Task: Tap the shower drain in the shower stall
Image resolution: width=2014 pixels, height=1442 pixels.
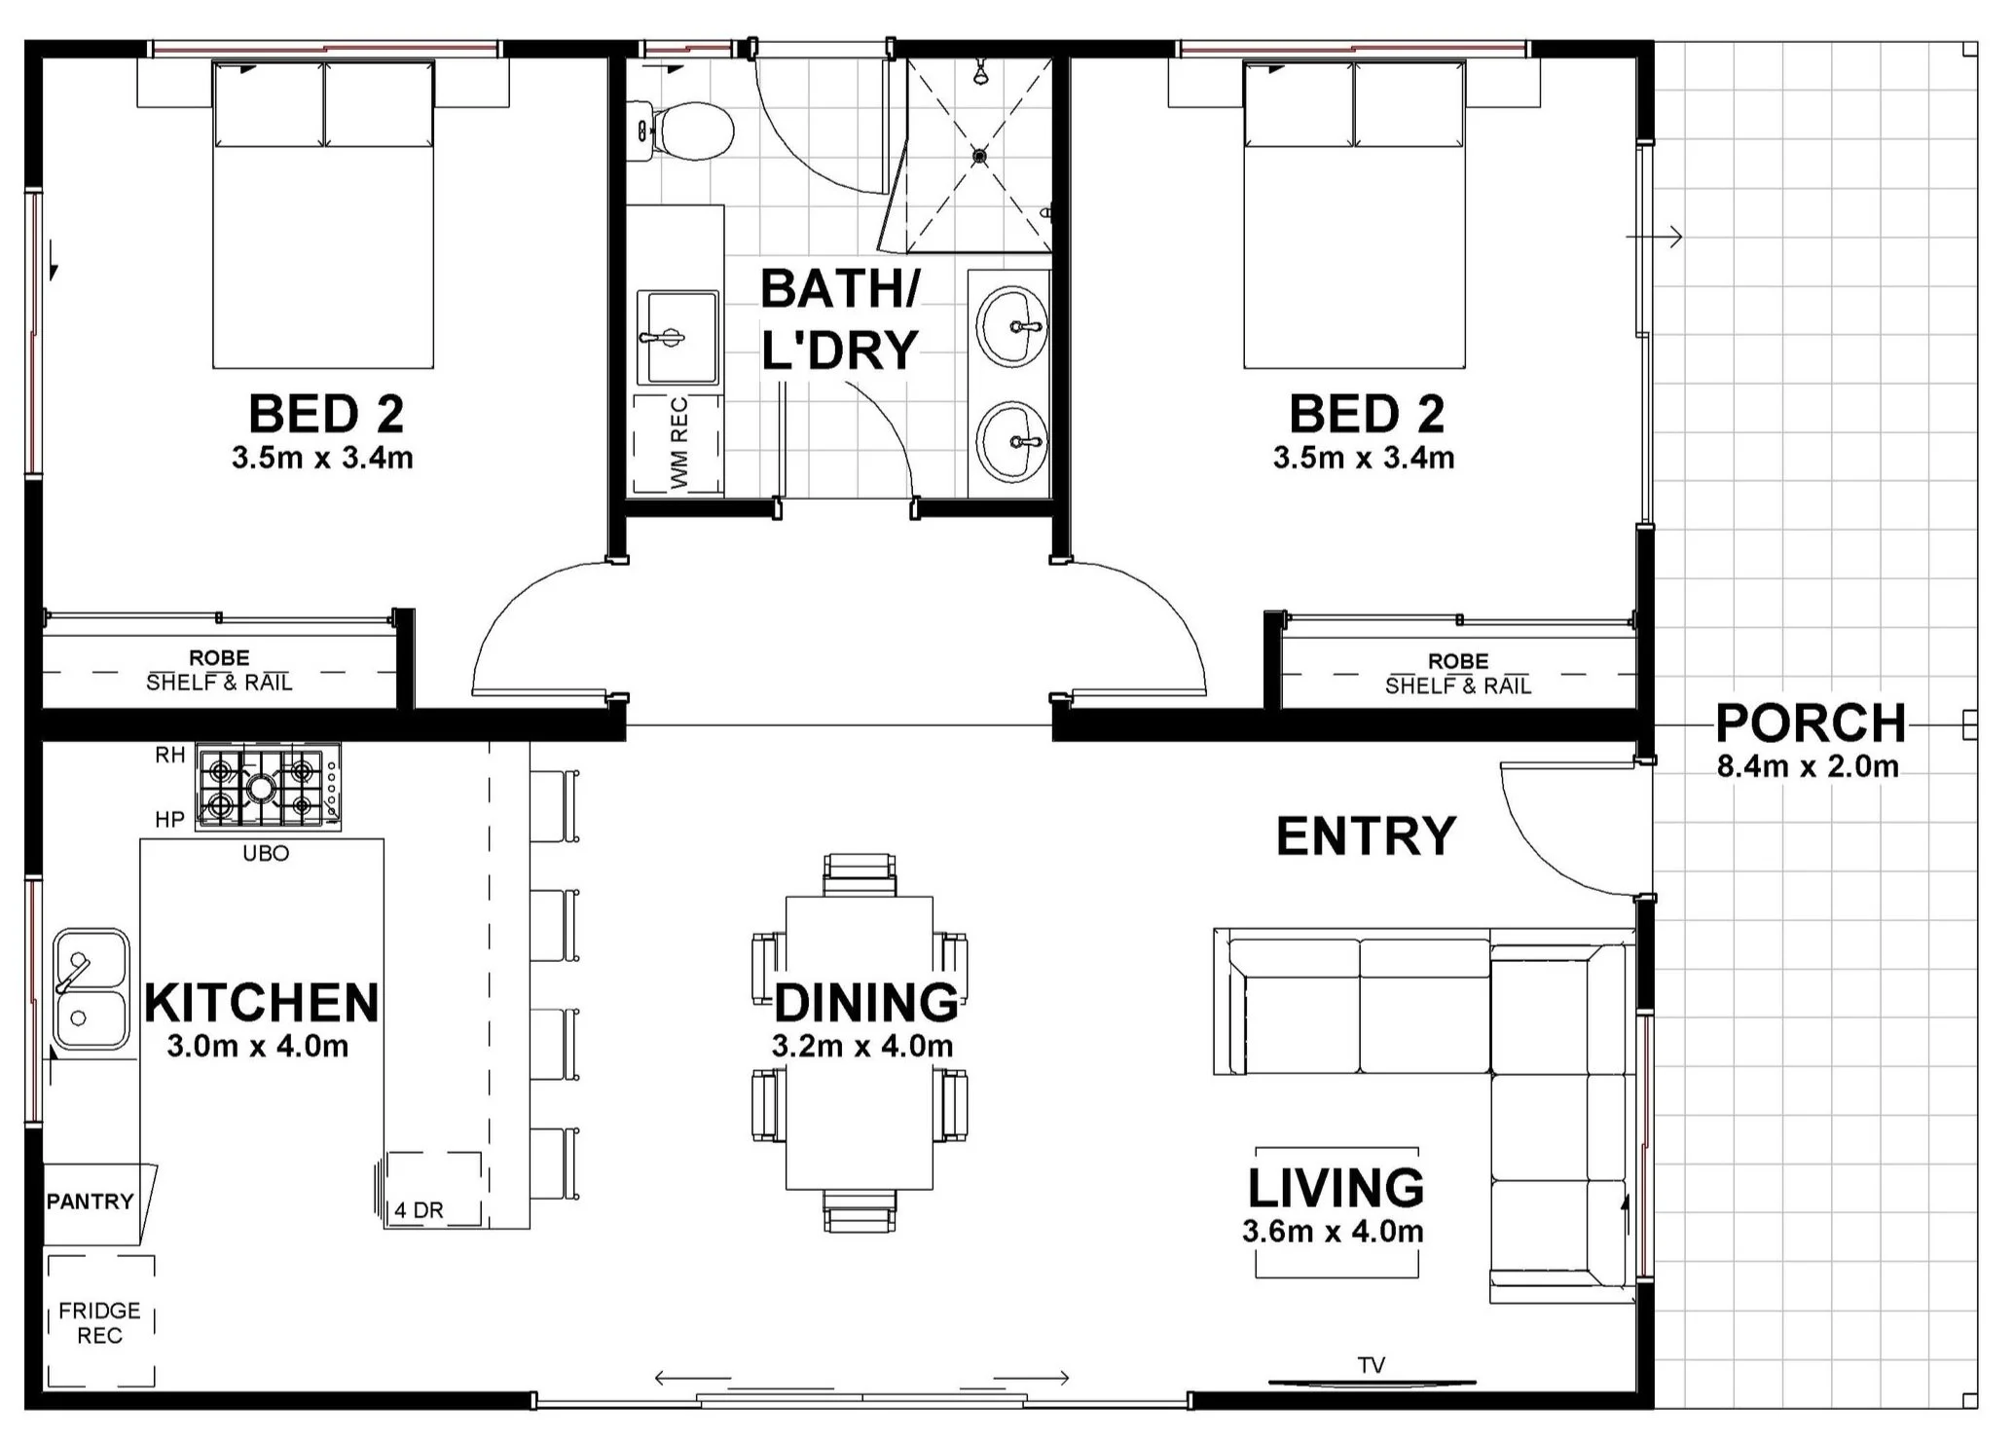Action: (979, 156)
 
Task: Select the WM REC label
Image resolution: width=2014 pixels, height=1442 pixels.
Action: (679, 443)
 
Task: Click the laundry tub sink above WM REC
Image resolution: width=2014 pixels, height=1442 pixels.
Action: (677, 337)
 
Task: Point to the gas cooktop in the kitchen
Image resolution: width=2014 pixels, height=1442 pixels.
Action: (268, 786)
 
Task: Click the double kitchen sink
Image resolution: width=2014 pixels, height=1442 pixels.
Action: (90, 989)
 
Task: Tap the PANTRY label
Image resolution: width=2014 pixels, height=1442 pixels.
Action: (90, 1202)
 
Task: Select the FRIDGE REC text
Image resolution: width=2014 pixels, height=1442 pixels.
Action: (99, 1323)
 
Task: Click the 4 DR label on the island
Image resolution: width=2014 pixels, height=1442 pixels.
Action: (420, 1210)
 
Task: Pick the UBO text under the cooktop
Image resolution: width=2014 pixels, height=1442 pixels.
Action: (266, 854)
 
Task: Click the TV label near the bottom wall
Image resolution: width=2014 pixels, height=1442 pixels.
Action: (1372, 1365)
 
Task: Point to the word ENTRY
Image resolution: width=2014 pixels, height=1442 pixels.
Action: (1366, 836)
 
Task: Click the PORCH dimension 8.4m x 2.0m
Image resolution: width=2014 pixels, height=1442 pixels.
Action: (1808, 767)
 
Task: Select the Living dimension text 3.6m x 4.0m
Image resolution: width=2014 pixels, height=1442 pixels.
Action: (1333, 1232)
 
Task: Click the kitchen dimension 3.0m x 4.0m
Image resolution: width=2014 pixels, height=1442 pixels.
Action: (258, 1047)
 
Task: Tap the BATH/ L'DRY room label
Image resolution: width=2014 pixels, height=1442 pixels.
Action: (839, 319)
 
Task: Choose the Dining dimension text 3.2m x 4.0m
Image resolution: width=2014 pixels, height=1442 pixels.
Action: (862, 1047)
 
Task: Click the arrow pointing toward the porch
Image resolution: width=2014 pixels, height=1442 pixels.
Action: (1657, 237)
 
